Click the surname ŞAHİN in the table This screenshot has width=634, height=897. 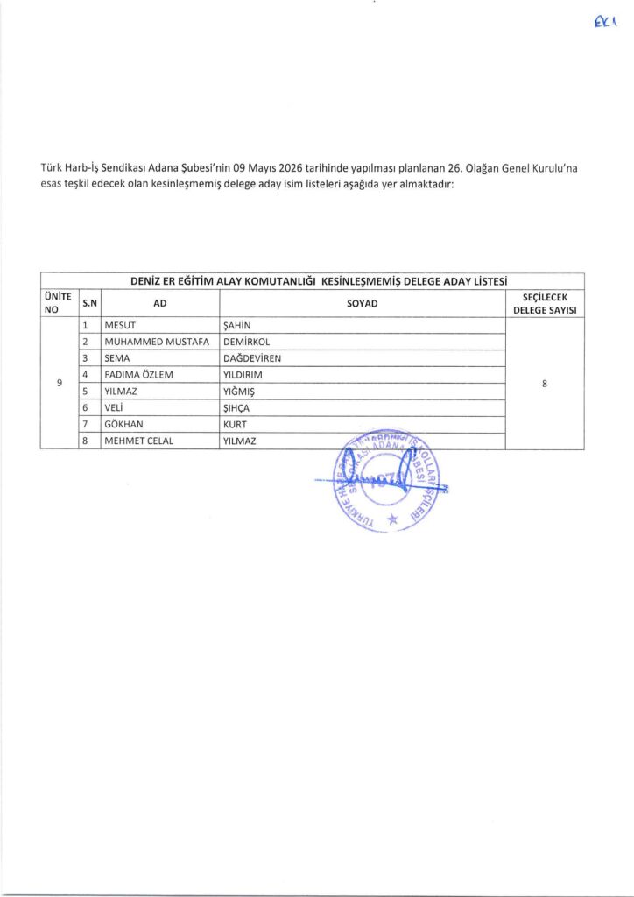(x=238, y=327)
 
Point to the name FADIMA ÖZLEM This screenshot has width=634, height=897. (x=140, y=375)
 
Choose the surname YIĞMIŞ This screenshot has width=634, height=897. (x=243, y=392)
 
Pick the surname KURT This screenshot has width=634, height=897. (x=236, y=424)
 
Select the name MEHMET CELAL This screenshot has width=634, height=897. (x=139, y=441)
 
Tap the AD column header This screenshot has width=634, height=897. (x=159, y=303)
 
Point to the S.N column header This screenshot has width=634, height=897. (x=89, y=303)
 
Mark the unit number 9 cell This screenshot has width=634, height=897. (x=59, y=384)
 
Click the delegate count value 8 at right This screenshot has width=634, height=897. (x=545, y=384)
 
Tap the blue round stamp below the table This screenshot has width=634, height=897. (x=384, y=477)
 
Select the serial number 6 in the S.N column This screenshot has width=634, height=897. (x=86, y=408)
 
